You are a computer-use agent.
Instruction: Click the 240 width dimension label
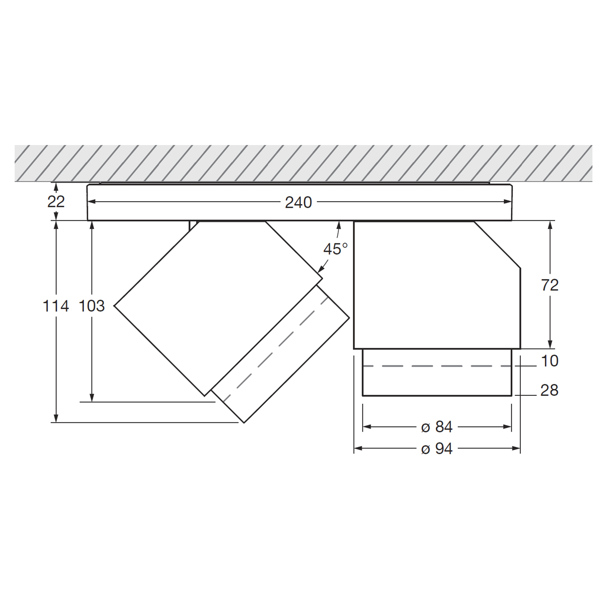tap(298, 203)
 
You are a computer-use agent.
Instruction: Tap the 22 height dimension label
tap(56, 202)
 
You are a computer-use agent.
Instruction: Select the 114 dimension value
tap(55, 306)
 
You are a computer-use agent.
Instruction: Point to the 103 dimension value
tap(91, 306)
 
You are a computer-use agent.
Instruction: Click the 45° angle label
tap(336, 249)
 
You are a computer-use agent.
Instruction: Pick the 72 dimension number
tap(550, 285)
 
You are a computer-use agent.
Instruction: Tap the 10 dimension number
tap(550, 361)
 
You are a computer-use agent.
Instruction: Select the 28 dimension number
tap(550, 390)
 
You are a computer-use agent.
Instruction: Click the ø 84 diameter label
tap(437, 427)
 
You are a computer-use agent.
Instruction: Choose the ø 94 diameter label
tap(437, 448)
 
